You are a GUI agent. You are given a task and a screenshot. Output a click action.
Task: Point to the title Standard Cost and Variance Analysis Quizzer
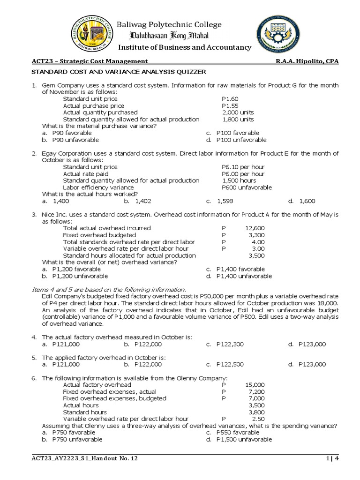pos(118,72)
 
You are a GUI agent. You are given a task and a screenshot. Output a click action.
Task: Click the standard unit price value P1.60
pos(230,99)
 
